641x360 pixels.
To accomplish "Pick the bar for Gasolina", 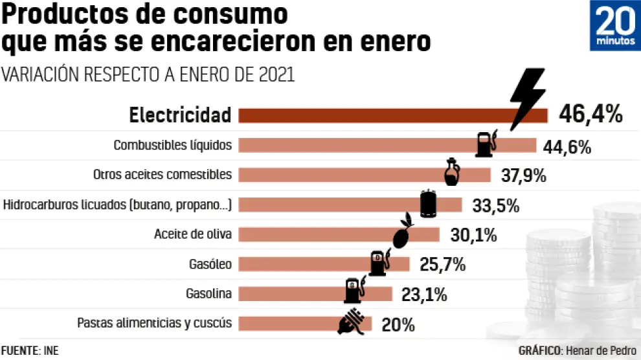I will click(x=291, y=294).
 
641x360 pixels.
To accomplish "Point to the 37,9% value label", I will click(x=524, y=175).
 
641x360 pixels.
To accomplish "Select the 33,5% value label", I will click(x=496, y=205).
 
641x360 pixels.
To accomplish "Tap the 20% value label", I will click(x=399, y=324).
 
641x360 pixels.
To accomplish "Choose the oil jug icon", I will click(x=451, y=172).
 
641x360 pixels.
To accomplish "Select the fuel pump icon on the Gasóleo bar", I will click(x=379, y=262).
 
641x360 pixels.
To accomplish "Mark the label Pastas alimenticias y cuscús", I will click(x=154, y=322).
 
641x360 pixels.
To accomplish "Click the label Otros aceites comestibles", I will click(x=162, y=175).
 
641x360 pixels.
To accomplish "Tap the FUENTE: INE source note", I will click(x=29, y=350).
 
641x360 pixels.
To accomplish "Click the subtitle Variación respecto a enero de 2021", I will click(x=148, y=74).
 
